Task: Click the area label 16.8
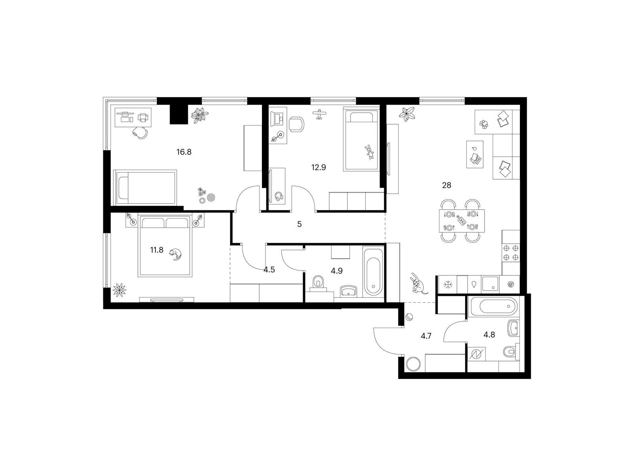184,152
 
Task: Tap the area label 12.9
318,167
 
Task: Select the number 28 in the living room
447,185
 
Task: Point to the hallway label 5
299,225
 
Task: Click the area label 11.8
157,250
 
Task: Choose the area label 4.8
489,334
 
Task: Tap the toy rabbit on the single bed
369,152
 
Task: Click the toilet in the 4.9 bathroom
318,282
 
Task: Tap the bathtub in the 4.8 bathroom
491,306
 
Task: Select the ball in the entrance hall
409,318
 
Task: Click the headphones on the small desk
279,196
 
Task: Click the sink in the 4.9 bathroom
349,291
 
